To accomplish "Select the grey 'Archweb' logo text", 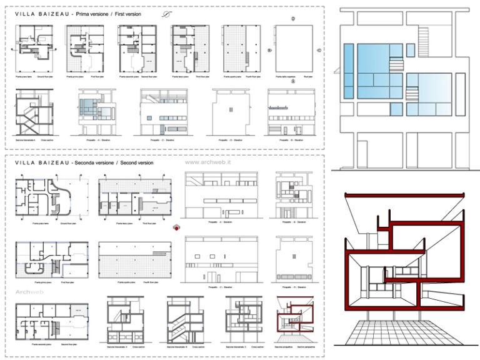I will click(x=28, y=291).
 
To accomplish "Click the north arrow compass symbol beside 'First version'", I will click(x=165, y=13).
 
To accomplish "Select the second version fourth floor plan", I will click(x=134, y=257).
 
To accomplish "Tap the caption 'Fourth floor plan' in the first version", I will click(x=241, y=76).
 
